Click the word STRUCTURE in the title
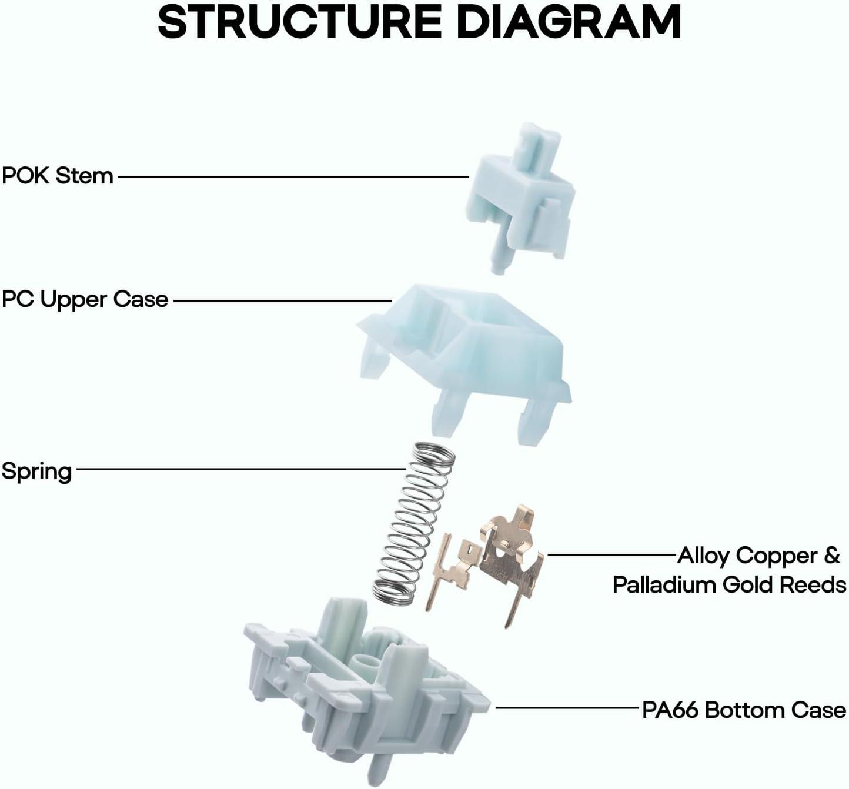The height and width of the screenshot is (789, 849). (x=300, y=22)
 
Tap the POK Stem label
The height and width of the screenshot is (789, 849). (x=57, y=175)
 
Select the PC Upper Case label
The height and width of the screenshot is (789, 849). (x=85, y=299)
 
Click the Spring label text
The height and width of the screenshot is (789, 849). (x=36, y=471)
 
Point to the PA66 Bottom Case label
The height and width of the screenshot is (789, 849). (x=744, y=710)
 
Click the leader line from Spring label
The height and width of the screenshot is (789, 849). (x=241, y=469)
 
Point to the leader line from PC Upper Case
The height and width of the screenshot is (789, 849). (x=282, y=300)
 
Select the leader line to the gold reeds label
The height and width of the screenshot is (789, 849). (x=611, y=554)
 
